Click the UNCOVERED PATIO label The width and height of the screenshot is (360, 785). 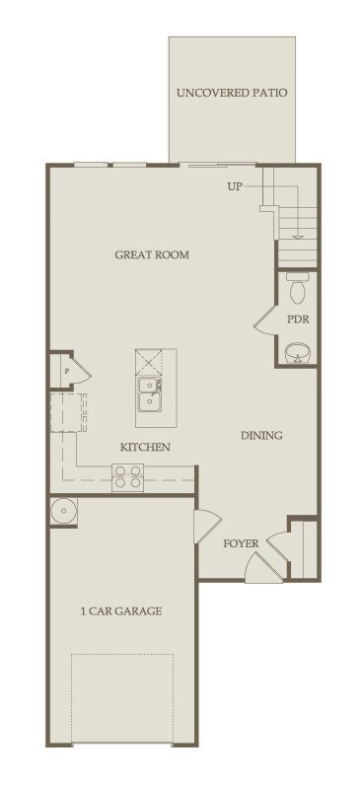pyautogui.click(x=232, y=94)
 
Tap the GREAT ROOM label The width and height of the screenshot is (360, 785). pyautogui.click(x=152, y=254)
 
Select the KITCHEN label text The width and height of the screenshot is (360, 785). pyautogui.click(x=146, y=447)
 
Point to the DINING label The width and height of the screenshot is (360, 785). pyautogui.click(x=261, y=435)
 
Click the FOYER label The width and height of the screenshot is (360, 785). pyautogui.click(x=241, y=542)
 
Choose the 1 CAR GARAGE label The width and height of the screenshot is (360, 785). pyautogui.click(x=121, y=611)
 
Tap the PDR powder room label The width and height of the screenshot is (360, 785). pyautogui.click(x=298, y=320)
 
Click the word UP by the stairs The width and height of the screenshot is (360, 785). pyautogui.click(x=234, y=185)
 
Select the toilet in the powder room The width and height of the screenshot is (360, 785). pyautogui.click(x=299, y=289)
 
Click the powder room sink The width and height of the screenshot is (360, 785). pyautogui.click(x=297, y=353)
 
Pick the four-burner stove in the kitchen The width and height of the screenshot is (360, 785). pyautogui.click(x=128, y=477)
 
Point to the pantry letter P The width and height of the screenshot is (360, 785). pyautogui.click(x=66, y=371)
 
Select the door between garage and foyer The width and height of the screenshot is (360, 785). pyautogui.click(x=207, y=526)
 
